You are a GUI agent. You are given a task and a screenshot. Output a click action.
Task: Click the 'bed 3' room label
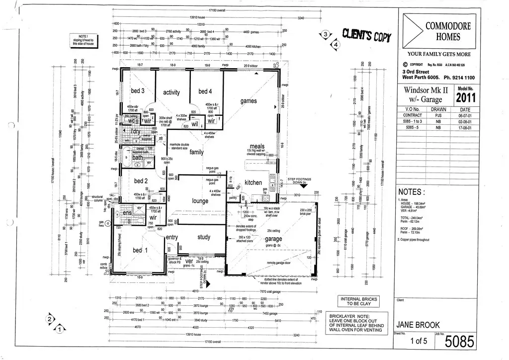tap(138, 91)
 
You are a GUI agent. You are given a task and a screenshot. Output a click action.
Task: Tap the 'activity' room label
tap(171, 92)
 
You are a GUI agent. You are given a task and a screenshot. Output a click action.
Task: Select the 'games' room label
tap(249, 101)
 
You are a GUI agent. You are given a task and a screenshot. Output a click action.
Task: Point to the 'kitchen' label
tap(253, 182)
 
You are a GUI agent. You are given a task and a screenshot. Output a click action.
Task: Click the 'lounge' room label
tap(200, 201)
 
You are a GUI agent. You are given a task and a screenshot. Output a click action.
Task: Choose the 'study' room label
tap(204, 237)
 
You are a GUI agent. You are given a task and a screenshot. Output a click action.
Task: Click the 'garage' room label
tap(273, 239)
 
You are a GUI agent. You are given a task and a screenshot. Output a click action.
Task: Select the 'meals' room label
tap(257, 147)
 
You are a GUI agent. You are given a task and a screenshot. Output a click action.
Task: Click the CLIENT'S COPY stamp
tap(367, 36)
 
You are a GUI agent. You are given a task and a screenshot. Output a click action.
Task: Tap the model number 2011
tap(466, 97)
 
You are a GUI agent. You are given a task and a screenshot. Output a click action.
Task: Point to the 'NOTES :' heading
tap(412, 192)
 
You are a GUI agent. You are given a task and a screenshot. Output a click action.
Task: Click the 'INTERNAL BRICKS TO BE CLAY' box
tap(358, 301)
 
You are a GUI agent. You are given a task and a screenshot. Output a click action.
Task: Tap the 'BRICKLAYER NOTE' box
tap(356, 323)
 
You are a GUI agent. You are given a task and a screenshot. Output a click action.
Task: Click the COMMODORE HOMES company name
tap(447, 31)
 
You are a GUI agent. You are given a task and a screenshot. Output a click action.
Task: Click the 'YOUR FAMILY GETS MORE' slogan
tap(439, 54)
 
